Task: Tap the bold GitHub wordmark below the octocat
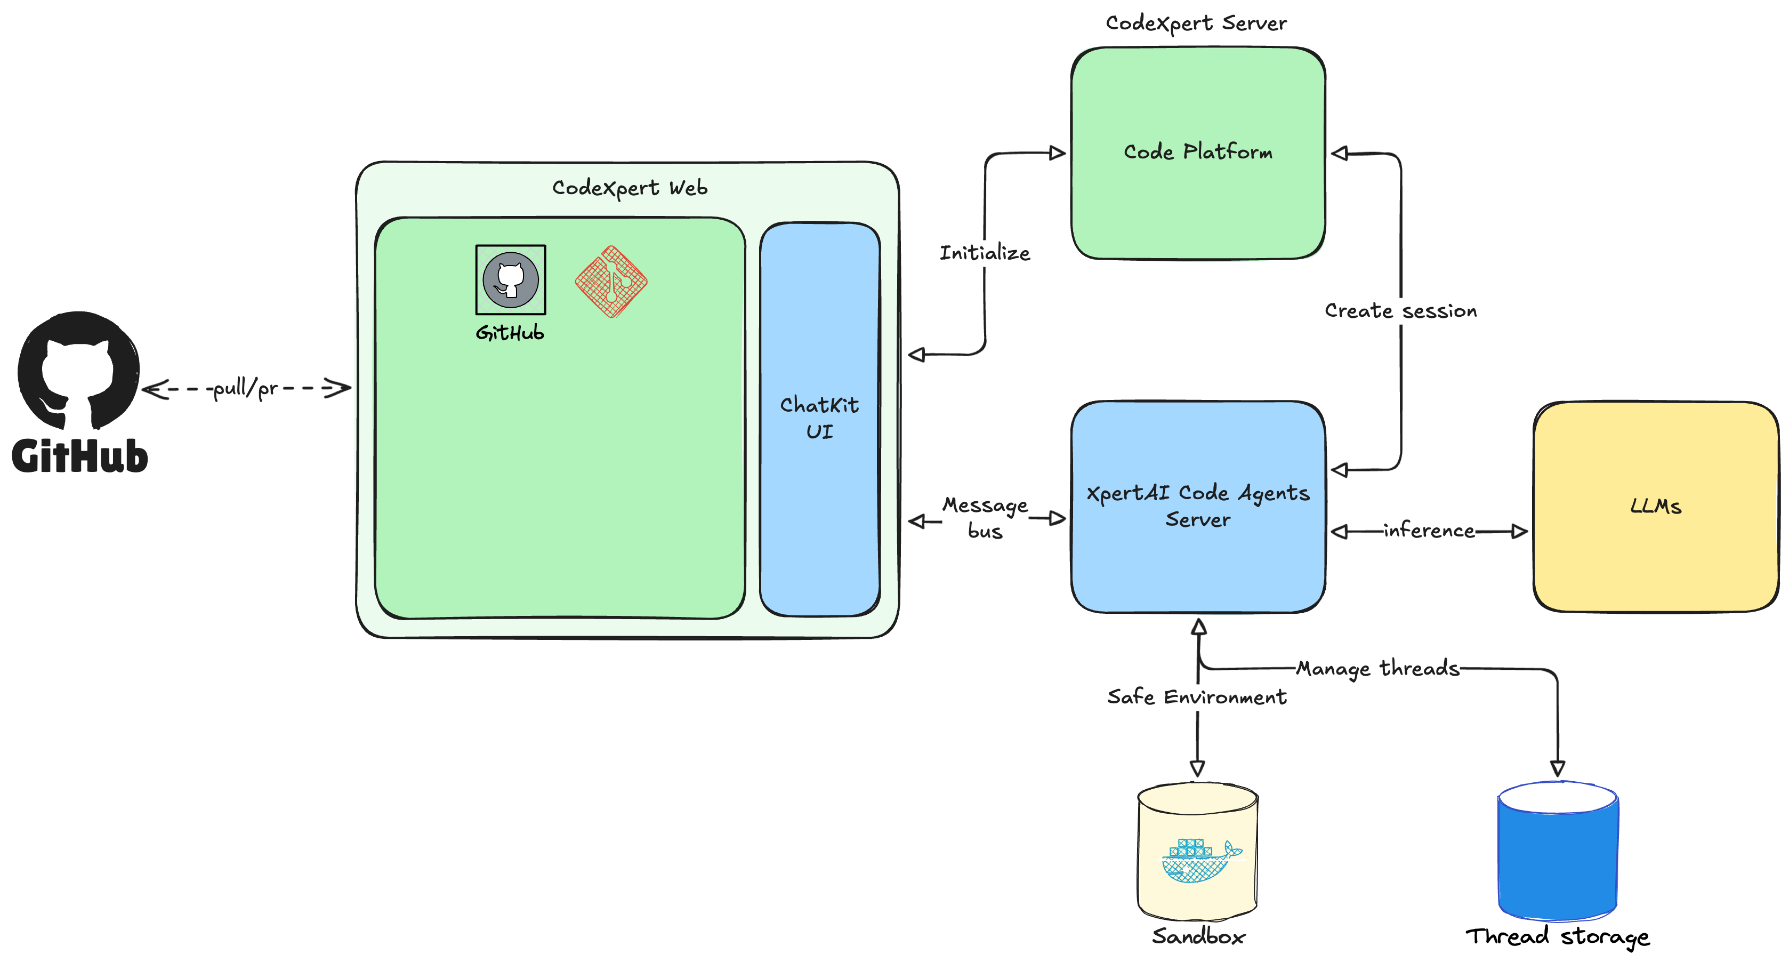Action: coord(80,456)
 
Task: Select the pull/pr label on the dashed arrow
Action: coord(245,388)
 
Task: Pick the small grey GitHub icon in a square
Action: coord(511,280)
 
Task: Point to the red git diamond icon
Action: coord(611,282)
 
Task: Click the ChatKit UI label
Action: coord(819,418)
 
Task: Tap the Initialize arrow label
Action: coord(984,253)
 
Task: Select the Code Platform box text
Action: coord(1198,152)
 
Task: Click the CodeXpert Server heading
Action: coord(1196,23)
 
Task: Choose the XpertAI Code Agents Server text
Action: coord(1198,506)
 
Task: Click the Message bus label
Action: coord(985,517)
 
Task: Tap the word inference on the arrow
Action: coord(1429,531)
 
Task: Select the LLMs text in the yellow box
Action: coord(1656,507)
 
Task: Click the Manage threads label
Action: coord(1378,668)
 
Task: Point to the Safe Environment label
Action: coord(1197,696)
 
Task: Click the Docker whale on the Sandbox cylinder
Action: coord(1200,861)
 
